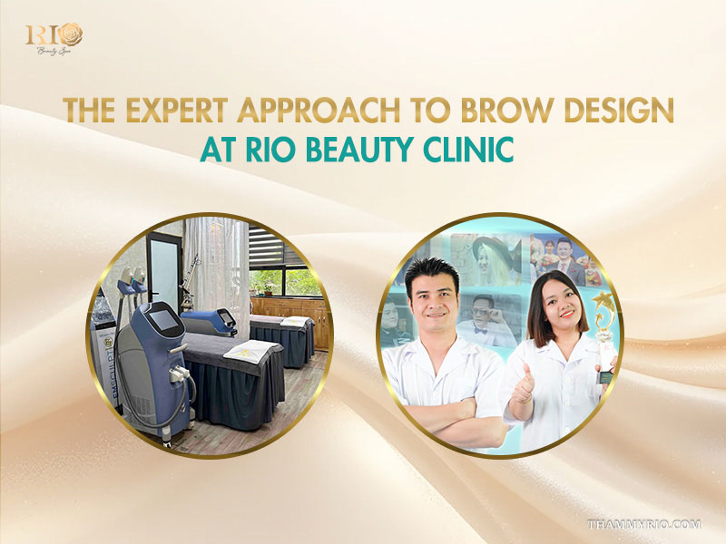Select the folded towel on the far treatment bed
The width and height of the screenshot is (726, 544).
(294, 322)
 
